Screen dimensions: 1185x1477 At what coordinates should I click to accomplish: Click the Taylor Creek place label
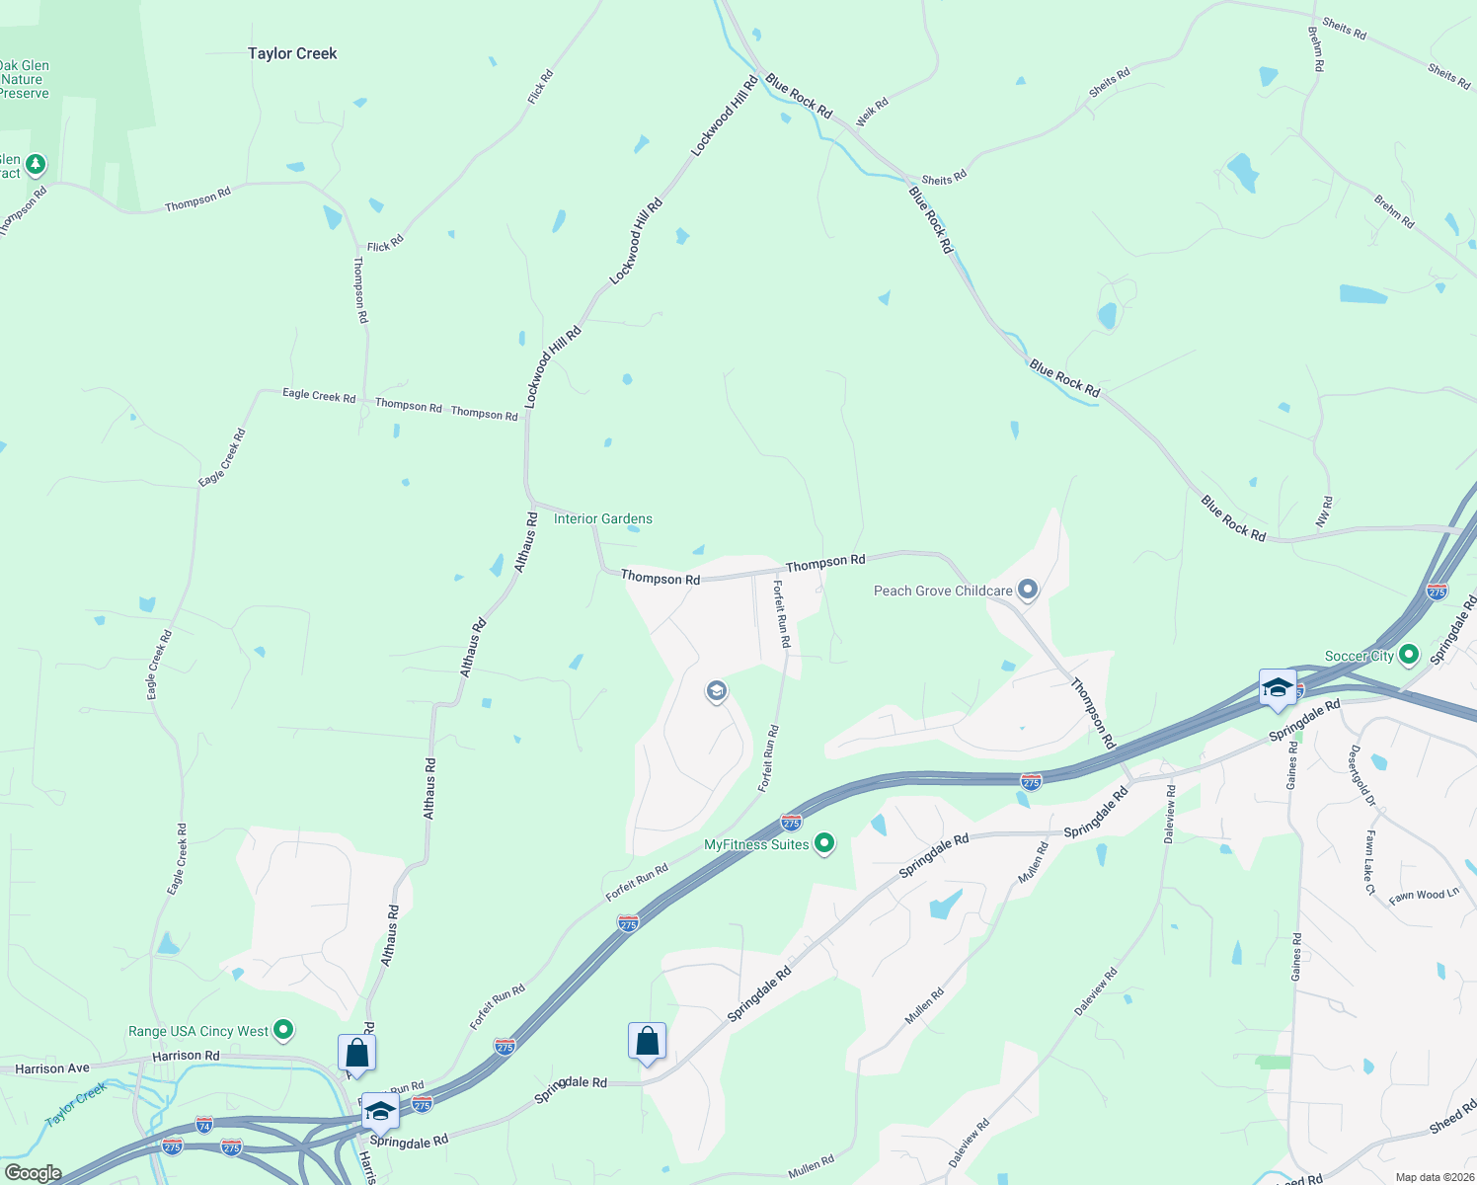point(292,53)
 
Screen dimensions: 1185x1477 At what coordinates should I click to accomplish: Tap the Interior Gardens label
point(602,518)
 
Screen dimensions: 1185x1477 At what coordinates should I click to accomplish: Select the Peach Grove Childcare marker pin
point(1028,591)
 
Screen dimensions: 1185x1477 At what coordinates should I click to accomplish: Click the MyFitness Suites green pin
point(825,843)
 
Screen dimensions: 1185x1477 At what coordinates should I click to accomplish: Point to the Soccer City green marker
point(1409,655)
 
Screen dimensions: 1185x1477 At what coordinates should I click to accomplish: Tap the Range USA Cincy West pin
point(283,1030)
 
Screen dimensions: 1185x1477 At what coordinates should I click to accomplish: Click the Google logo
point(33,1173)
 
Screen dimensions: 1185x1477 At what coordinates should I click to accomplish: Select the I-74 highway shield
point(204,1125)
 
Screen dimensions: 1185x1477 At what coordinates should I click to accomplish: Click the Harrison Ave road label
point(52,1068)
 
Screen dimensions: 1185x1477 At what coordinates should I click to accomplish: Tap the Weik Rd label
point(872,111)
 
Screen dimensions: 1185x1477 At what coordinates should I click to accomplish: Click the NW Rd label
point(1325,511)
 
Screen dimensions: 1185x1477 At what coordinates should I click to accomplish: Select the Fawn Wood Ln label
point(1424,896)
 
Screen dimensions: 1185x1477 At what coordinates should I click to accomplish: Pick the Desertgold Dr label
point(1362,776)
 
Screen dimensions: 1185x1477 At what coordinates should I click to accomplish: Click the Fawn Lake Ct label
point(1369,862)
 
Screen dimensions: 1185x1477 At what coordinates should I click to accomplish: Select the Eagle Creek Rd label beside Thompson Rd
point(319,395)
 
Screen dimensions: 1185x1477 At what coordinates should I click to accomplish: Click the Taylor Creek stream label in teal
point(76,1105)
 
